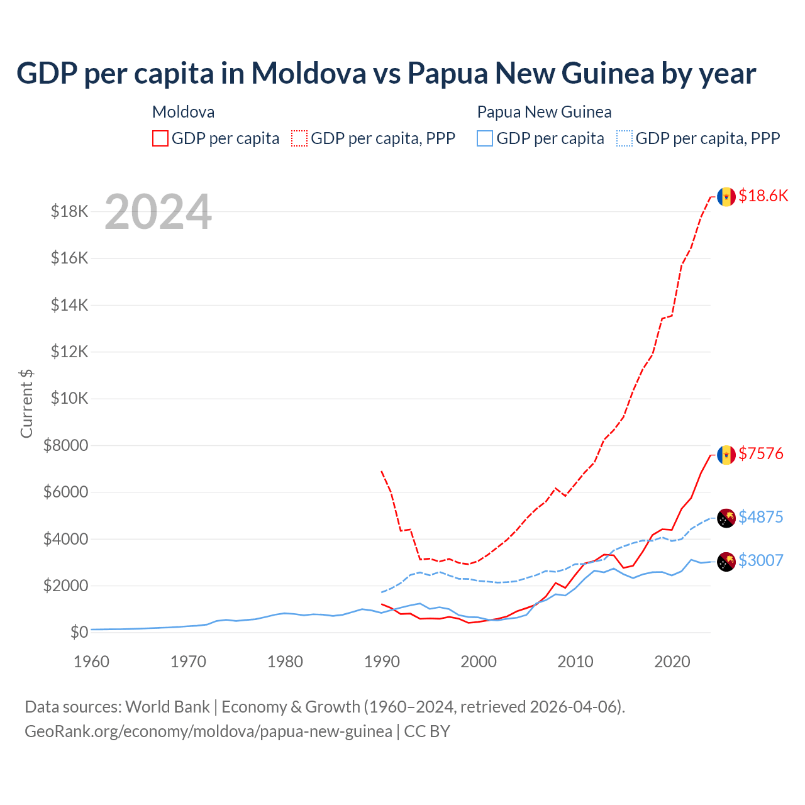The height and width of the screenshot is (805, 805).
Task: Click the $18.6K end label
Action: coord(763,196)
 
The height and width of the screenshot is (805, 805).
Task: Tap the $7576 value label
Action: coord(761,453)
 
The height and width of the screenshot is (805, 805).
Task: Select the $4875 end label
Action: coord(761,517)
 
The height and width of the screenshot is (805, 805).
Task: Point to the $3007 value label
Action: coord(761,560)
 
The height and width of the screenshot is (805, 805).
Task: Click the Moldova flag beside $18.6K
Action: coord(726,197)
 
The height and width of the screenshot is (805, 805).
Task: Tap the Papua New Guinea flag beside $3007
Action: coord(726,562)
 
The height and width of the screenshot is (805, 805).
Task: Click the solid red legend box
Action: coord(160,138)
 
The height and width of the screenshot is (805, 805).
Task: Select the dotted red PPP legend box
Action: coord(299,138)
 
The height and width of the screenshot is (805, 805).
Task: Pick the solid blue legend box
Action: coord(485,138)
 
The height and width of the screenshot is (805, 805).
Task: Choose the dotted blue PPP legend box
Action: coord(625,138)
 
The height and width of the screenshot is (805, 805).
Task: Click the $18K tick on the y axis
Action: coord(70,211)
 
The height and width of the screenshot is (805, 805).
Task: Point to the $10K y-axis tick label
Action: coord(70,399)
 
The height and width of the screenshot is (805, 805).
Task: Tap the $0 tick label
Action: coord(79,632)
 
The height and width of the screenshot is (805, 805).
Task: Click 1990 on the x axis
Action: coord(382,662)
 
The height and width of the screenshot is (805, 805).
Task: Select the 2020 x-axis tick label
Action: coord(672,662)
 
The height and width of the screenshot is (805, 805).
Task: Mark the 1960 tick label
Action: coord(92,662)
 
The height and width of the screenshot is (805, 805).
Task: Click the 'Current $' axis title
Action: coord(26,403)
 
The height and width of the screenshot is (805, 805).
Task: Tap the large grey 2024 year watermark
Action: coord(158,213)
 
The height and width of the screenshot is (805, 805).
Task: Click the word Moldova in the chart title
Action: coord(309,73)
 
